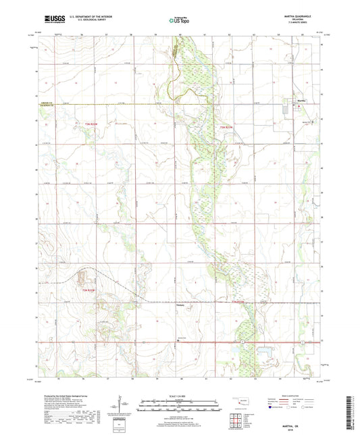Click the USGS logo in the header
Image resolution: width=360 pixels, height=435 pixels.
coord(51,20)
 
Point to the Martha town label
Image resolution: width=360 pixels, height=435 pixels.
coord(303,99)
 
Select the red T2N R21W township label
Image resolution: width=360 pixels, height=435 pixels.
coord(239,301)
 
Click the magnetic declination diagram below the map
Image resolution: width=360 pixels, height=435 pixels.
coord(125,406)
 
